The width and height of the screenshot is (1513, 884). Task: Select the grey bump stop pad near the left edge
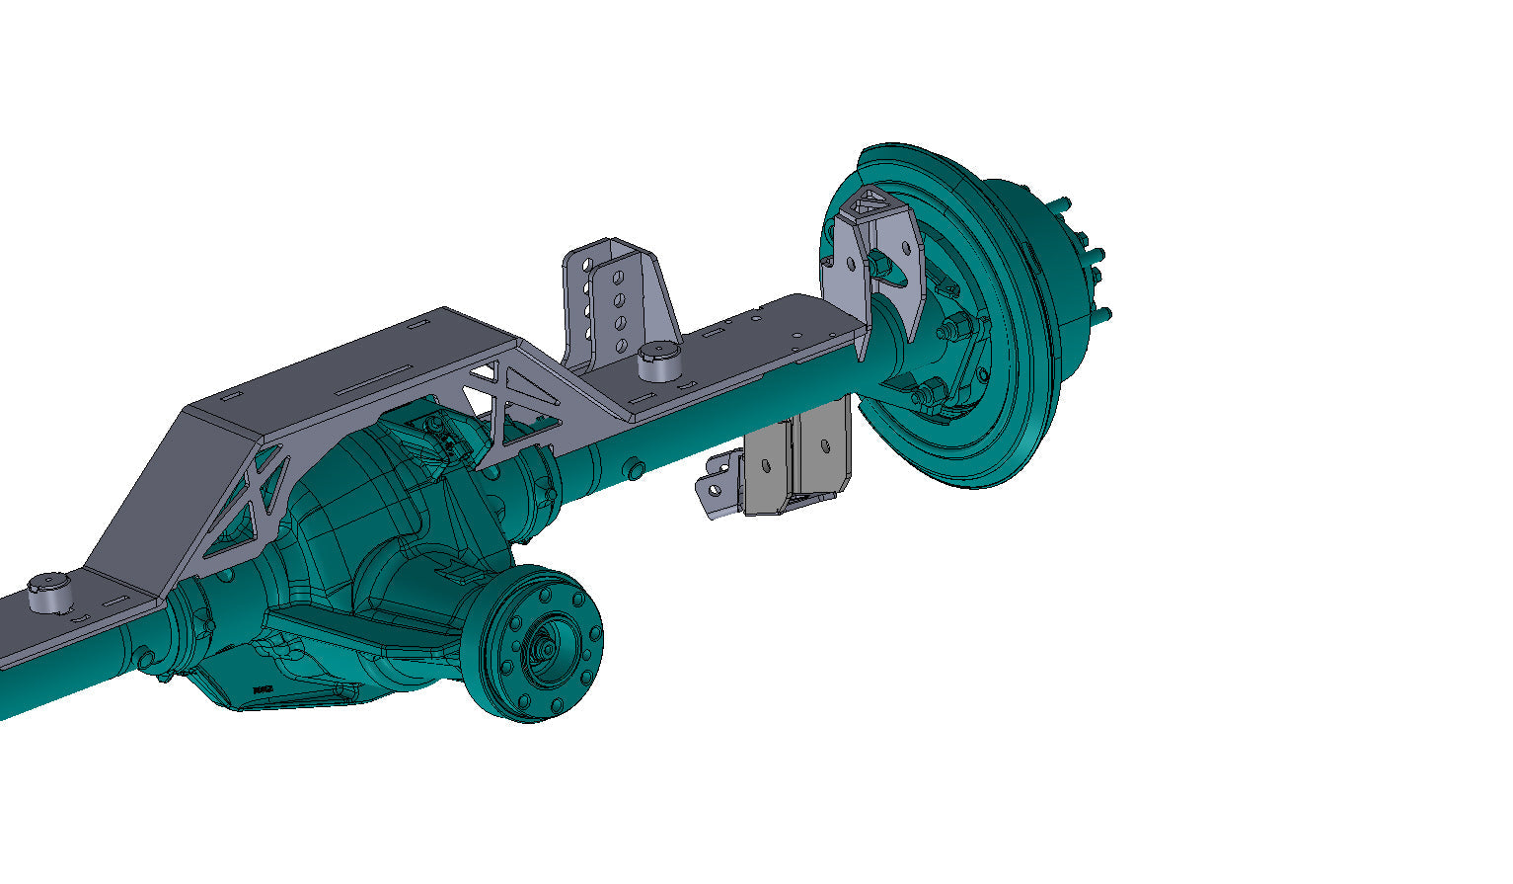(x=47, y=594)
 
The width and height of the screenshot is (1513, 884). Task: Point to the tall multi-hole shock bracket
(x=617, y=296)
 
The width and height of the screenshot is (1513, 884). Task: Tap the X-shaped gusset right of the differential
(x=513, y=405)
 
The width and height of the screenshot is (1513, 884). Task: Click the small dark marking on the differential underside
(x=262, y=689)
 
